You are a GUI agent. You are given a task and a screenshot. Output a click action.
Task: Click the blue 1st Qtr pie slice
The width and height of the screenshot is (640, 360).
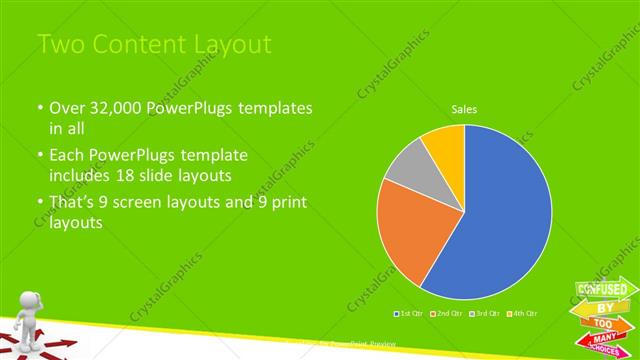tap(500, 220)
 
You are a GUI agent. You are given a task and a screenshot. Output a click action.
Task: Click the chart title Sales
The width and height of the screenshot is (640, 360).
tap(464, 108)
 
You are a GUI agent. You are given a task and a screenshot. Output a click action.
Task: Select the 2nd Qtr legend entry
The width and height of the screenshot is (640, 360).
tap(446, 313)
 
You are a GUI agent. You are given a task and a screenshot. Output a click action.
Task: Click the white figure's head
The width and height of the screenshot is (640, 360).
tap(30, 301)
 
